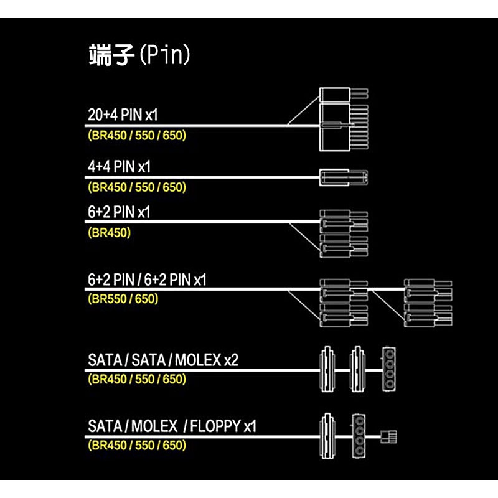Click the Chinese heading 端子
coord(111,55)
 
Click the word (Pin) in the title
coord(165,55)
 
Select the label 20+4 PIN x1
coord(123,115)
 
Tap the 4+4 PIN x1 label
coord(119,166)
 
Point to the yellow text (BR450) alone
coord(110,233)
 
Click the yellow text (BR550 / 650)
coord(123,299)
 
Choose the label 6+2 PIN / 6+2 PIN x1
coord(147,280)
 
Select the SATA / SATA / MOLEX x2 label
coord(163,360)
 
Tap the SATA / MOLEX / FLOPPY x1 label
coord(172,426)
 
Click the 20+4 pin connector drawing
coord(344,120)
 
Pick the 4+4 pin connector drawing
coord(344,177)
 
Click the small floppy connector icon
coord(388,437)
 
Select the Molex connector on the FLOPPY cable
coord(359,436)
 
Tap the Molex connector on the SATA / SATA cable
coord(388,369)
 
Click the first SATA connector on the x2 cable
coord(327,369)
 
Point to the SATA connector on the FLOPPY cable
coord(327,436)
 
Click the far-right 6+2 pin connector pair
coord(428,303)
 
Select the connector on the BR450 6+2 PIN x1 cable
coord(344,233)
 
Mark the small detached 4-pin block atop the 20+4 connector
coord(344,95)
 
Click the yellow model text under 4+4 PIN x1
coord(137,187)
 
